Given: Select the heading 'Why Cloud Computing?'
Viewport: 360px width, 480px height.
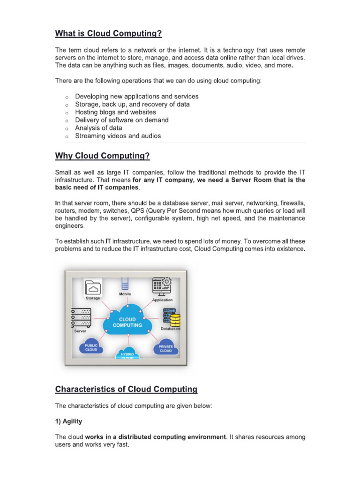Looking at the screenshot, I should click(x=103, y=156).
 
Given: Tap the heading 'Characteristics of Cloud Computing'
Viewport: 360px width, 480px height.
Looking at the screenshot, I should click(x=126, y=389).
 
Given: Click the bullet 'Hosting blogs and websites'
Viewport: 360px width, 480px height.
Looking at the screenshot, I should click(x=116, y=112).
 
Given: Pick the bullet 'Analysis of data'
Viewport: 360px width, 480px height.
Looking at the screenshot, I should click(x=98, y=128).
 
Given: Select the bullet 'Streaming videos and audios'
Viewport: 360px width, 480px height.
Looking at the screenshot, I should click(x=118, y=136).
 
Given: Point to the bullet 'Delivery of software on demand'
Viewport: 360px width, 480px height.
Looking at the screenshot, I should click(x=122, y=120).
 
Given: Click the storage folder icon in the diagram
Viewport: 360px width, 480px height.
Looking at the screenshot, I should click(x=93, y=286).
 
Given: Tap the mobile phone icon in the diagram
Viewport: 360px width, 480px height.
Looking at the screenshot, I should click(x=125, y=283).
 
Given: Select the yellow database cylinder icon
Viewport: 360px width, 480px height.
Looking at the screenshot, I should click(x=174, y=320).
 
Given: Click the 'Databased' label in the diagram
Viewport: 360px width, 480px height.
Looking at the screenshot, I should click(x=170, y=329).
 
